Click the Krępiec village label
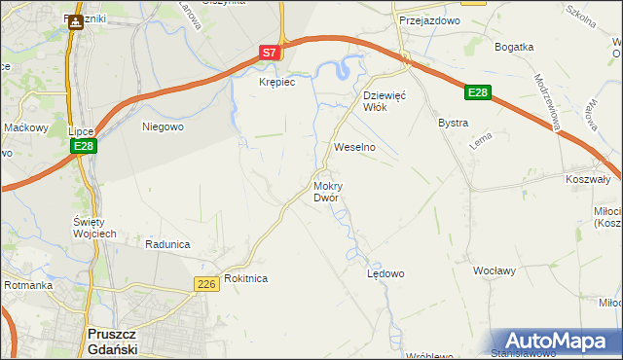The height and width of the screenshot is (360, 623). (276, 83)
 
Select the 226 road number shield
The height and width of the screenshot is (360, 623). (204, 283)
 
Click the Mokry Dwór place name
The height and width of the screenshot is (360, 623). (326, 191)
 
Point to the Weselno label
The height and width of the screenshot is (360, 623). (354, 147)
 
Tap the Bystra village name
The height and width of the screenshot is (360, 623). (454, 124)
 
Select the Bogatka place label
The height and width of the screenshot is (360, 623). (514, 47)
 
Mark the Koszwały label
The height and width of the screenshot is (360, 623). (587, 179)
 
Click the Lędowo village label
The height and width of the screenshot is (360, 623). (385, 273)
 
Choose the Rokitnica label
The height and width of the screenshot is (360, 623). (245, 278)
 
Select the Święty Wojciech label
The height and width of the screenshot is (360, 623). (95, 228)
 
